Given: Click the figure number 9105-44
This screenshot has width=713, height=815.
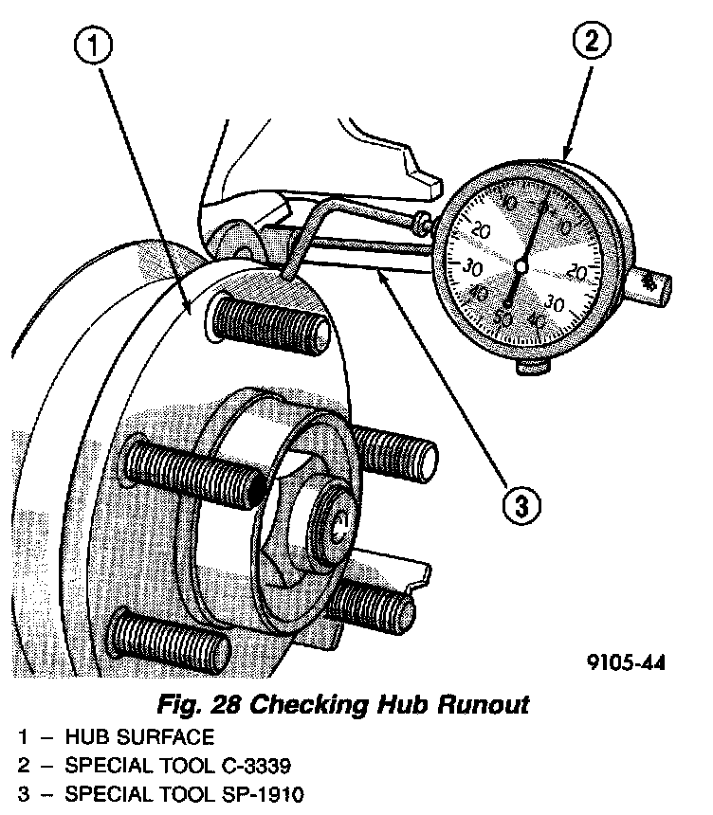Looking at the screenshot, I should pyautogui.click(x=624, y=662).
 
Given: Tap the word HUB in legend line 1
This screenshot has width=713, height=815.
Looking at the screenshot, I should pyautogui.click(x=84, y=736).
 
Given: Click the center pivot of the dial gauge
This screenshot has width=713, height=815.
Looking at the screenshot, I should pyautogui.click(x=520, y=268).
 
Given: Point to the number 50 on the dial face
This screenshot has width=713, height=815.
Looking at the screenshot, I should pyautogui.click(x=503, y=319).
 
